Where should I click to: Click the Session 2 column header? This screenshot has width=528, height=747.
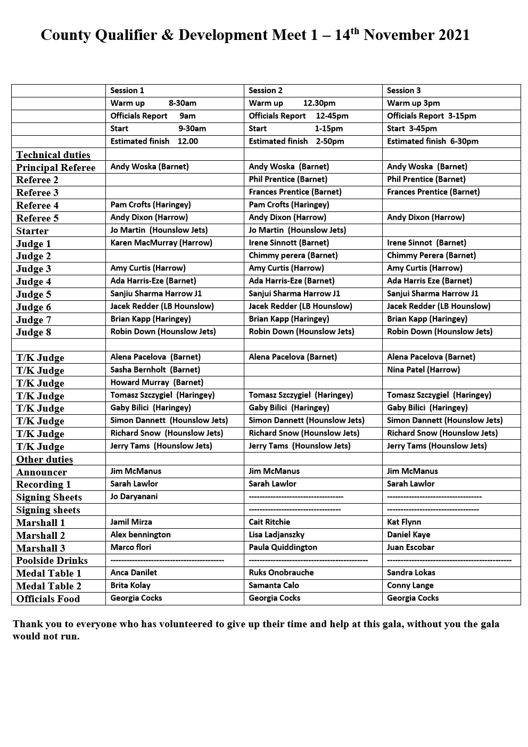(266, 91)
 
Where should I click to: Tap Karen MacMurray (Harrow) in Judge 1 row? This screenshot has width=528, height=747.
(161, 243)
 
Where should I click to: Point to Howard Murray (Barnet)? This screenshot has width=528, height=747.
(156, 382)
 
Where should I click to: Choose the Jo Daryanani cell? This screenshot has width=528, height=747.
(134, 496)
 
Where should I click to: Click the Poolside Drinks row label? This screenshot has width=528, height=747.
(52, 561)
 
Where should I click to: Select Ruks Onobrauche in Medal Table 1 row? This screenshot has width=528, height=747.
(281, 572)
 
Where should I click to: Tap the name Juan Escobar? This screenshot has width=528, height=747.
(410, 547)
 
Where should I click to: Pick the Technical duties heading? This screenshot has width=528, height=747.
(53, 155)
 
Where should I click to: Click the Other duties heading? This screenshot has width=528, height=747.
(44, 459)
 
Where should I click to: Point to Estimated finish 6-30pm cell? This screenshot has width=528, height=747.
(432, 141)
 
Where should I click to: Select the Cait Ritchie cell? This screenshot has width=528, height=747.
(269, 522)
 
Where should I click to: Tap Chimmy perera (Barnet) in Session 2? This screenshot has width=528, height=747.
(293, 256)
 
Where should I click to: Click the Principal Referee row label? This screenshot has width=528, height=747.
(55, 168)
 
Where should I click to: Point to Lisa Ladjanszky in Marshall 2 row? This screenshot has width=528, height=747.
(276, 535)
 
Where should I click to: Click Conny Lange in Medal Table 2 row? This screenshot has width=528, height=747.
(410, 585)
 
